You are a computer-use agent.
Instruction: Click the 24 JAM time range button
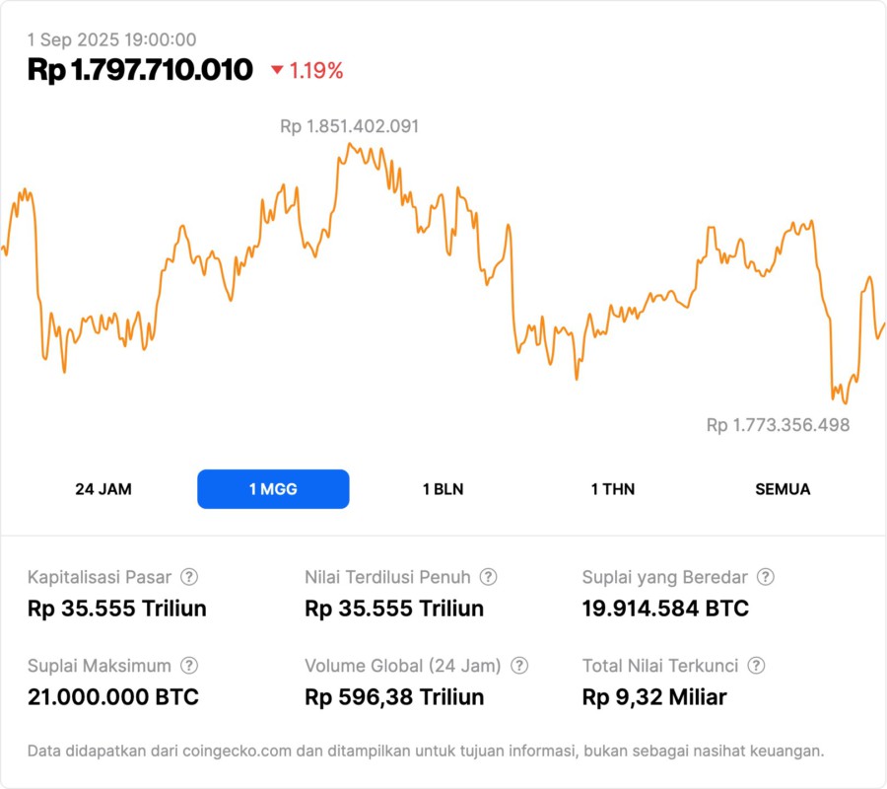click(x=103, y=489)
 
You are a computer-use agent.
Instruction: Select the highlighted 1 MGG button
click(x=273, y=489)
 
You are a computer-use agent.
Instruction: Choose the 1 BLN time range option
click(x=443, y=489)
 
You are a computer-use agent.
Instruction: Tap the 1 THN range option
click(x=613, y=489)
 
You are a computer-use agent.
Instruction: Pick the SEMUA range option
click(x=783, y=489)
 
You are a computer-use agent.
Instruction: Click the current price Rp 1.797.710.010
click(x=140, y=70)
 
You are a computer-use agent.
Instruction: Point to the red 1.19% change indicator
click(x=307, y=71)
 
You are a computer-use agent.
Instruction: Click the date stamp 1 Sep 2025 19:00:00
click(x=111, y=40)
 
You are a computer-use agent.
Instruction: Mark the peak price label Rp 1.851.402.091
click(x=350, y=126)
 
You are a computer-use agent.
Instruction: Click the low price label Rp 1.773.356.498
click(x=778, y=425)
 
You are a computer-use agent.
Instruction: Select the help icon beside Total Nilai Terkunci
click(x=757, y=666)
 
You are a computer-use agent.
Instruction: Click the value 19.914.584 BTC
click(x=665, y=609)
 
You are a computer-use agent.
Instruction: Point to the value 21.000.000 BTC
click(x=113, y=697)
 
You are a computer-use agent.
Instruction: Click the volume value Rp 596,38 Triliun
click(x=394, y=697)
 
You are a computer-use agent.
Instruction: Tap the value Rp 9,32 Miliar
click(x=654, y=697)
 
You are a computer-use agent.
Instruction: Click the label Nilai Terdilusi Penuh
click(x=388, y=577)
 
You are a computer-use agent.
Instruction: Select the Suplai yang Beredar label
click(x=665, y=577)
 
